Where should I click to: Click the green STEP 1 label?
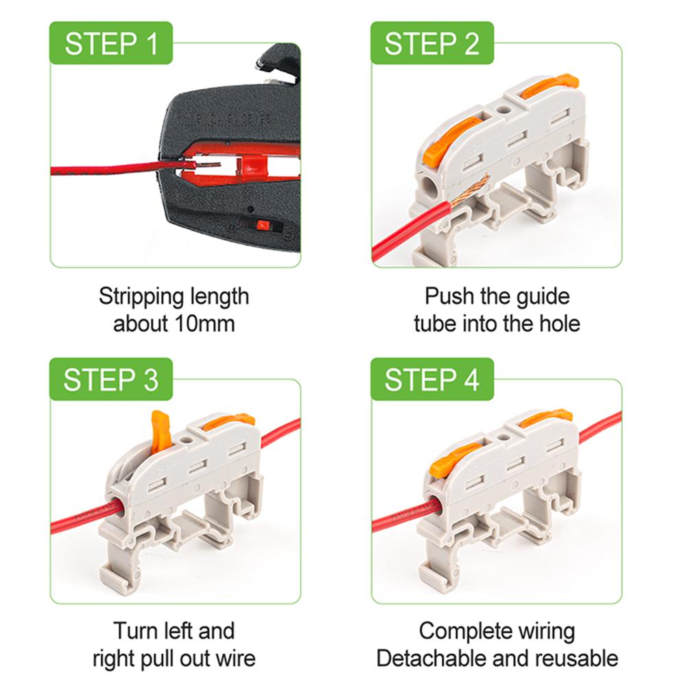[x=110, y=43]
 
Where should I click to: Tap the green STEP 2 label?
[x=431, y=43]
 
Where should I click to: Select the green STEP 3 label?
[x=110, y=379]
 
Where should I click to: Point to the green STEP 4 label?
[x=431, y=379]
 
